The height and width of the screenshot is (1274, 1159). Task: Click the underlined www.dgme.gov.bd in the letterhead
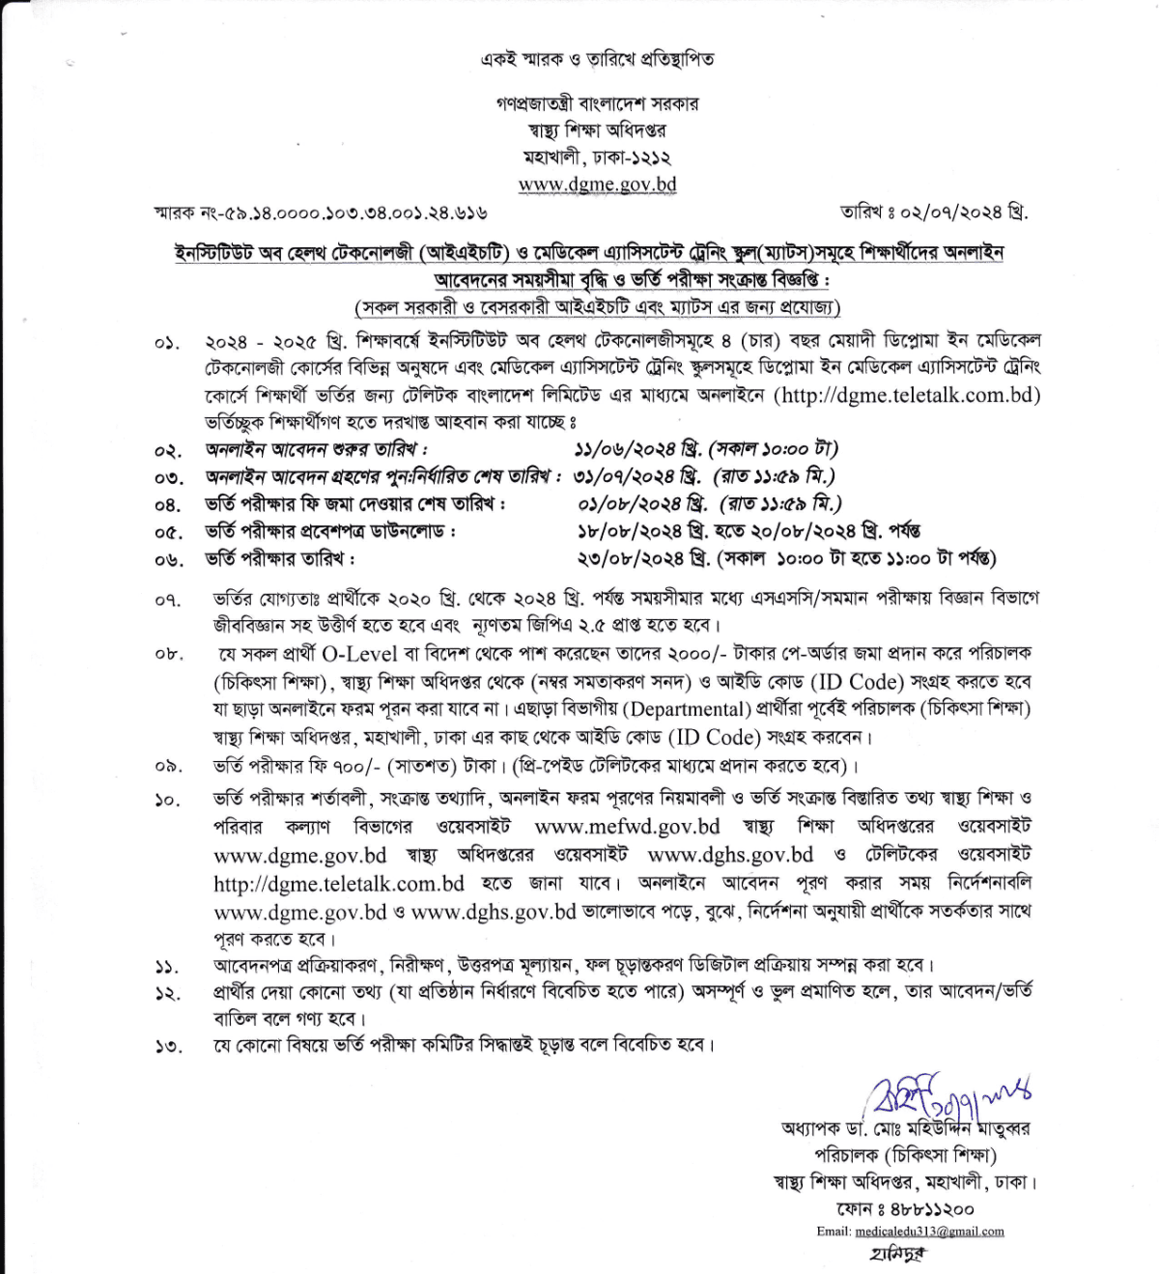click(597, 184)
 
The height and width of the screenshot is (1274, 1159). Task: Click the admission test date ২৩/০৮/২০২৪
click(631, 558)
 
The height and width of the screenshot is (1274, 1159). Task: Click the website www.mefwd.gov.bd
click(627, 827)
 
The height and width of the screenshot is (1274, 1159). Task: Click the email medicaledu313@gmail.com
click(929, 1232)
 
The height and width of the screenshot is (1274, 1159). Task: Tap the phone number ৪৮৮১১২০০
click(932, 1208)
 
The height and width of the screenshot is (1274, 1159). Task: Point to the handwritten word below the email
click(897, 1255)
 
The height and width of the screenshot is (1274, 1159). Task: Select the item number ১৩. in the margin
click(168, 1047)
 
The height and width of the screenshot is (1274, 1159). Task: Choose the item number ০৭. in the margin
click(168, 601)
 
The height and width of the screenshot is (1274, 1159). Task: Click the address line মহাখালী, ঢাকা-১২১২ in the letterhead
click(597, 157)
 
